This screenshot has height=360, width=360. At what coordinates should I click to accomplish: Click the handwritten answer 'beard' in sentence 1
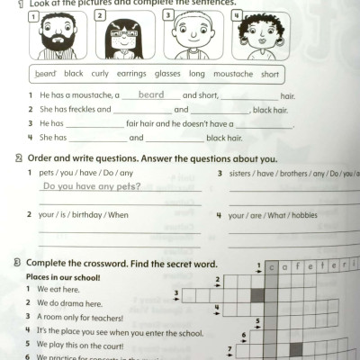click(150, 94)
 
